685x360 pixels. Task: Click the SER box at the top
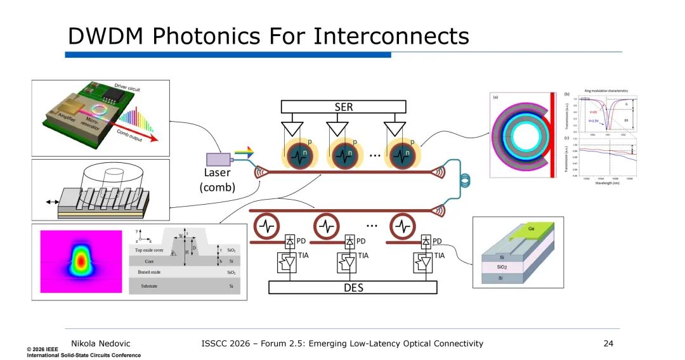pyautogui.click(x=343, y=107)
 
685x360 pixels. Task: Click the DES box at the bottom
pyautogui.click(x=353, y=288)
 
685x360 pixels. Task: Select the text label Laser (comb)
pyautogui.click(x=217, y=180)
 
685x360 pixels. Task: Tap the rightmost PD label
pyautogui.click(x=437, y=241)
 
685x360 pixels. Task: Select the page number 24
pyautogui.click(x=610, y=344)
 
